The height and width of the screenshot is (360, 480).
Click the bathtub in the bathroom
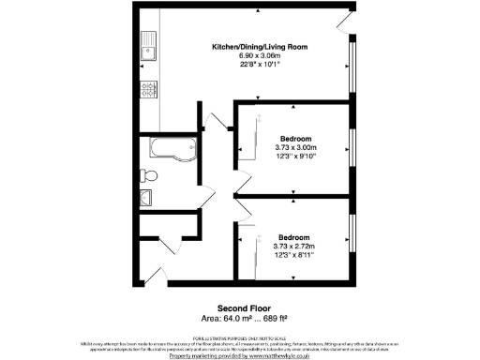(x=169, y=148)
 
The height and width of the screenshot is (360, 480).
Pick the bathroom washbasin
(x=147, y=197)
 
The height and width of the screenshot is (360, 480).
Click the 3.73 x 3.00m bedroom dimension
(x=295, y=147)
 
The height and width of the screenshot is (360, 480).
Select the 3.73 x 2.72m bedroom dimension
(x=295, y=246)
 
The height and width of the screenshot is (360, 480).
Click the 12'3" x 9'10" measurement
(x=295, y=157)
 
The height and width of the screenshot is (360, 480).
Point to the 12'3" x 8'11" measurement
(x=295, y=255)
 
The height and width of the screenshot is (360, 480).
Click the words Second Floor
(x=244, y=307)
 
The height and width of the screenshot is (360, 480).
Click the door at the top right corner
(x=347, y=21)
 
